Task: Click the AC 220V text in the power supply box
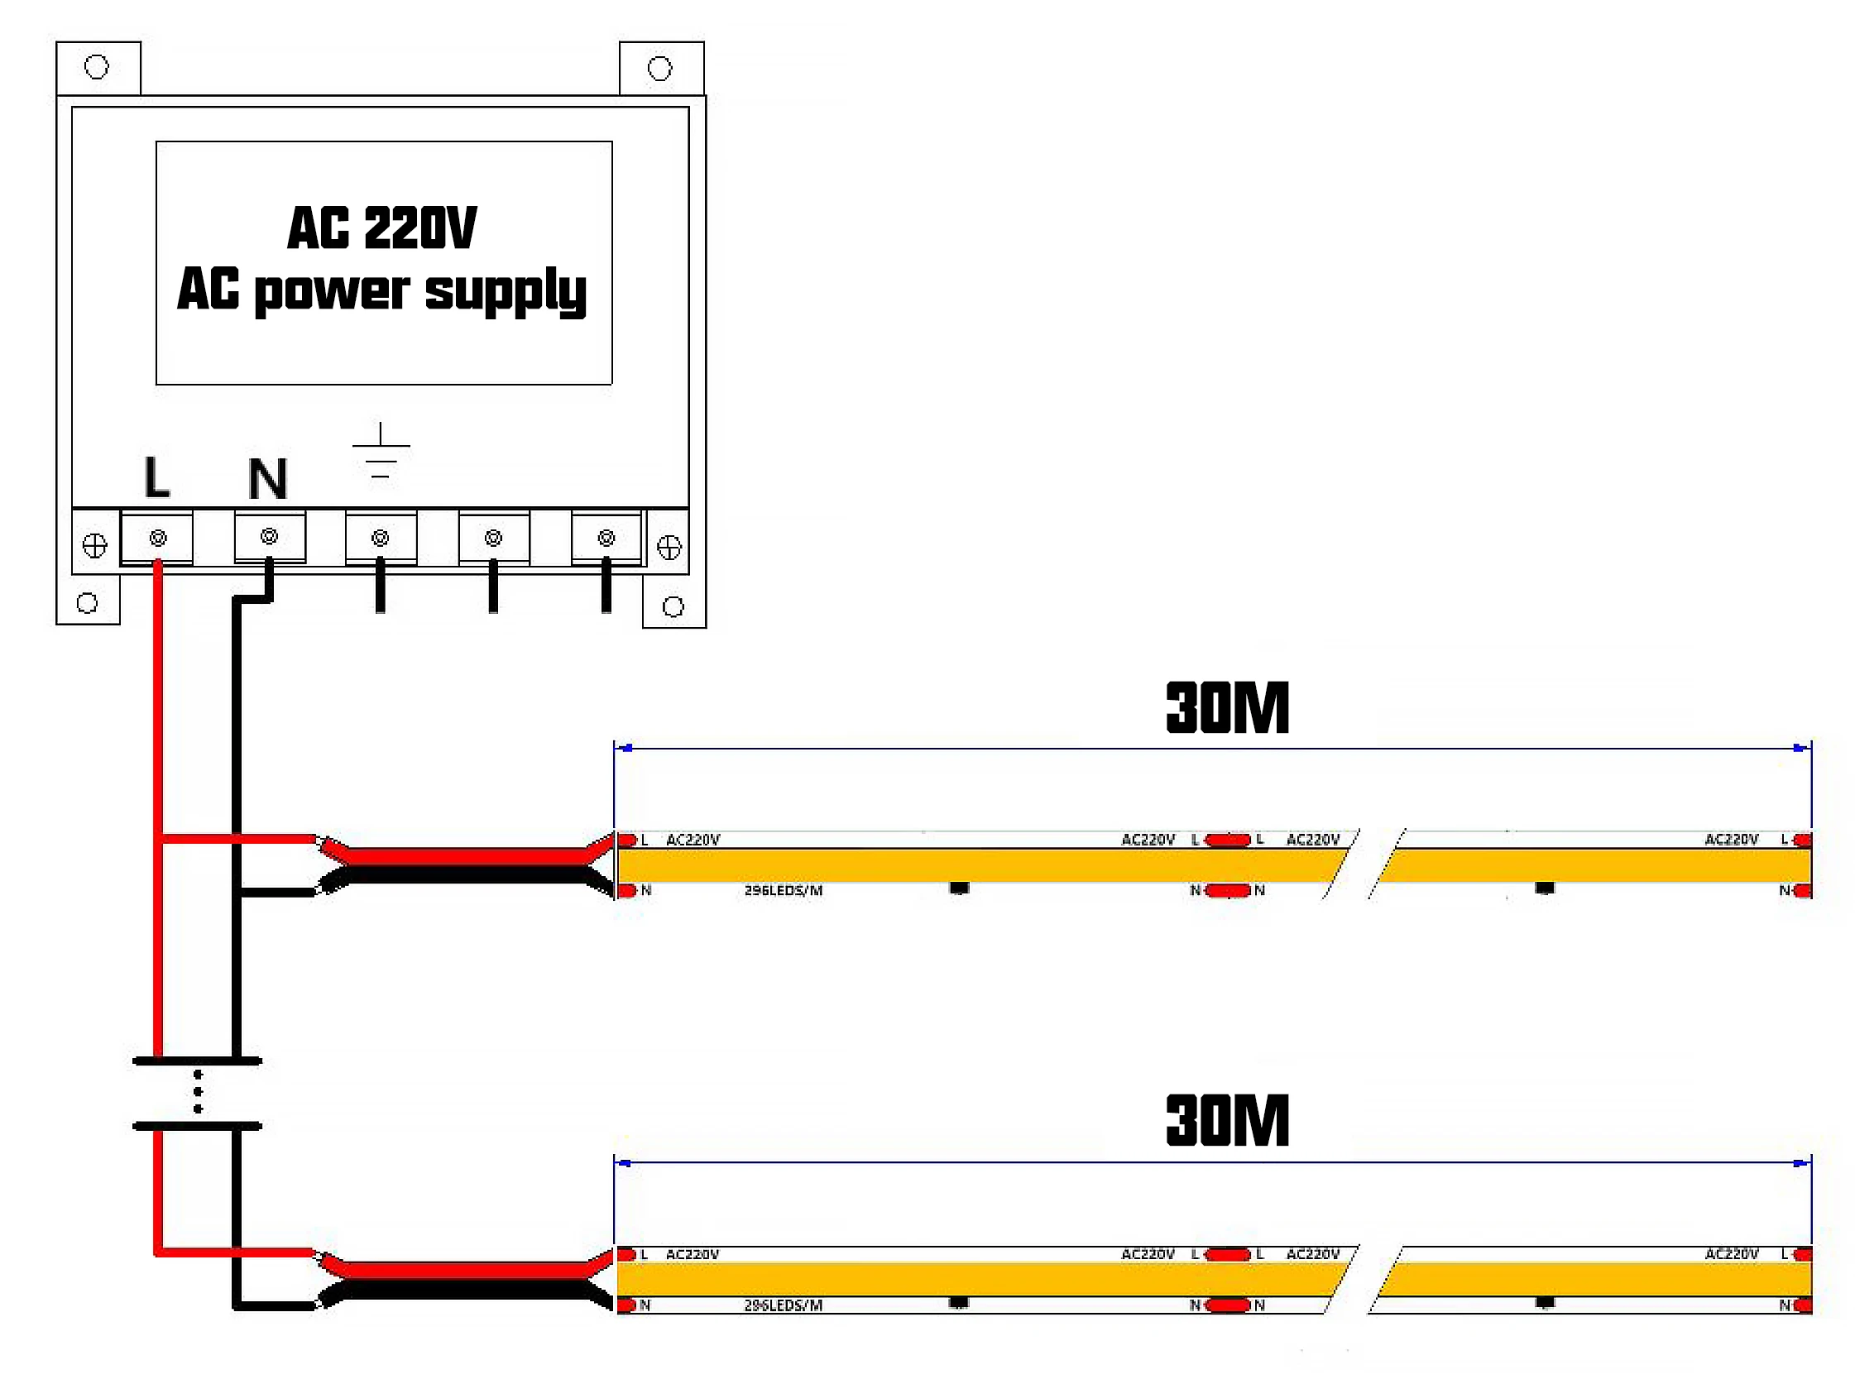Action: (x=382, y=227)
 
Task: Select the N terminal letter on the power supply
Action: (x=268, y=479)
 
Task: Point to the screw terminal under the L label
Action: (x=157, y=538)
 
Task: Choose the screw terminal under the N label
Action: (x=269, y=536)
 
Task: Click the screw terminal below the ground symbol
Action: (x=381, y=538)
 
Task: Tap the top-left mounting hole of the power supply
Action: (x=97, y=67)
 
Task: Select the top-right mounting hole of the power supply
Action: (x=660, y=69)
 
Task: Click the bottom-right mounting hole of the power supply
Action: (x=673, y=606)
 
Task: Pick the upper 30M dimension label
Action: (x=1227, y=709)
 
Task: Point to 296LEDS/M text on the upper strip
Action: (x=784, y=891)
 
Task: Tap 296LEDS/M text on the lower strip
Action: (x=784, y=1305)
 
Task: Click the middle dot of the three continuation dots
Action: (x=198, y=1092)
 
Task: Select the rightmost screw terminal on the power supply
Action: (x=606, y=538)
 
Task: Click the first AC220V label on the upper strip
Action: (x=693, y=840)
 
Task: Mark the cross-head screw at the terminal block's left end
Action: (x=94, y=546)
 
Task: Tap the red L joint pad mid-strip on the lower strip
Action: (x=1229, y=1254)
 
